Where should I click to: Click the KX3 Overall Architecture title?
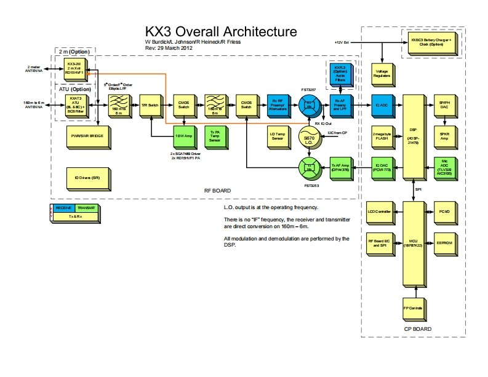click(x=220, y=31)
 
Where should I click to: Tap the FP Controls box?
click(x=412, y=308)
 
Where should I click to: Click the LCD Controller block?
click(x=378, y=212)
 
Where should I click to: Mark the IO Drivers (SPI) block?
click(x=87, y=178)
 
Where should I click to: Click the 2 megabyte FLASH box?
click(x=381, y=135)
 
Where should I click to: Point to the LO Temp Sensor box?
click(x=277, y=135)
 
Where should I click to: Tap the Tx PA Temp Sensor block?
click(x=215, y=135)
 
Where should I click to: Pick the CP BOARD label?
click(x=416, y=329)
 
